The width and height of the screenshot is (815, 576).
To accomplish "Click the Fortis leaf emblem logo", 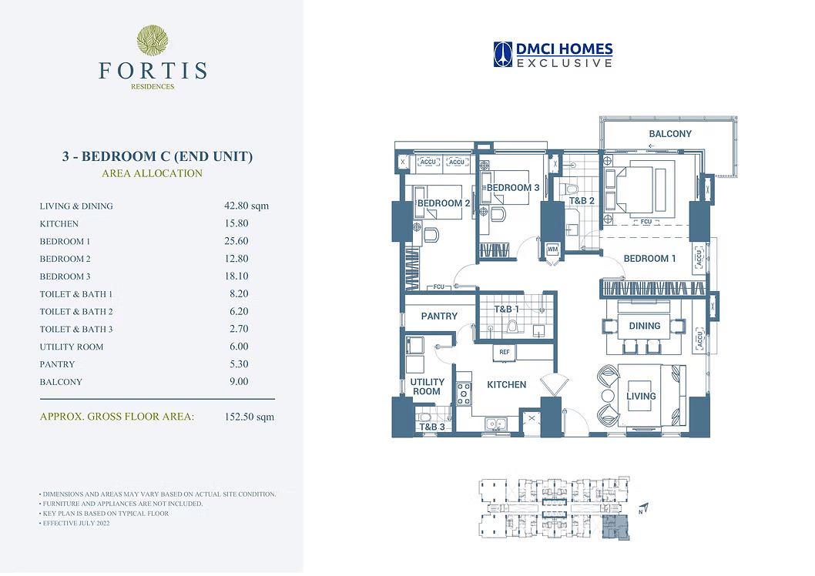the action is pyautogui.click(x=153, y=41).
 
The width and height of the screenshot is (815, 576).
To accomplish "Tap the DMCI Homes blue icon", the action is pyautogui.click(x=502, y=55).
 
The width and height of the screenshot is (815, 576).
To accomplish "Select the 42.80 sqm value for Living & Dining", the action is pyautogui.click(x=247, y=206).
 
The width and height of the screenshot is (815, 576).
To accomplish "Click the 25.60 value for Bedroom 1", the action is pyautogui.click(x=236, y=241).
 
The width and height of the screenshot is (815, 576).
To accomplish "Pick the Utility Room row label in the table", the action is pyautogui.click(x=72, y=347).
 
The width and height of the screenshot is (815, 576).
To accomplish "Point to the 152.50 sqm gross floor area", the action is pyautogui.click(x=250, y=417).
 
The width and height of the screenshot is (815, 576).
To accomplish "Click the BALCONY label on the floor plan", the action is pyautogui.click(x=670, y=133).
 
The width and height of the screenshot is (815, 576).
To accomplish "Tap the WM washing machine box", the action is pyautogui.click(x=552, y=249).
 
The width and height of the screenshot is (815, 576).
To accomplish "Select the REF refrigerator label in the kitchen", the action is pyautogui.click(x=505, y=352).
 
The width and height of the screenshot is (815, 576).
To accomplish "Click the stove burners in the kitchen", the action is pyautogui.click(x=464, y=394).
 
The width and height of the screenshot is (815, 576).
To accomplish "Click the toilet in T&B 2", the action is pyautogui.click(x=572, y=189).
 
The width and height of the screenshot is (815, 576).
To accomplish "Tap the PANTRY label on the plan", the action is pyautogui.click(x=439, y=316).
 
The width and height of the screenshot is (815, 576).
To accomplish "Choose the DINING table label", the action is pyautogui.click(x=645, y=326).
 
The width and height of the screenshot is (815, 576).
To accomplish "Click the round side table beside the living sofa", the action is pyautogui.click(x=608, y=396).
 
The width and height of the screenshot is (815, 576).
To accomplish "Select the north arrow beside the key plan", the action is pyautogui.click(x=644, y=508).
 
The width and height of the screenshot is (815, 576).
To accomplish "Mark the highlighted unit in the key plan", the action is pyautogui.click(x=615, y=528).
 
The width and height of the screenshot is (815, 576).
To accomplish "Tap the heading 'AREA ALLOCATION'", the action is pyautogui.click(x=153, y=173).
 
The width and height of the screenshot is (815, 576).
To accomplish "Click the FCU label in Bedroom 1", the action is pyautogui.click(x=646, y=222).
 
